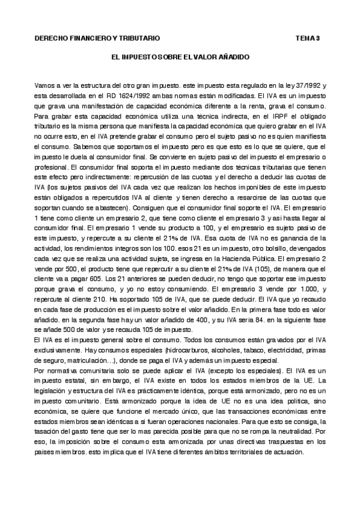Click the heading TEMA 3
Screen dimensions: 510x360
[x=308, y=38]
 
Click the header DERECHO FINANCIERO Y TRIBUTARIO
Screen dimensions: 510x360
[x=97, y=38]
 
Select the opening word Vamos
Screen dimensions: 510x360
[x=44, y=87]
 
